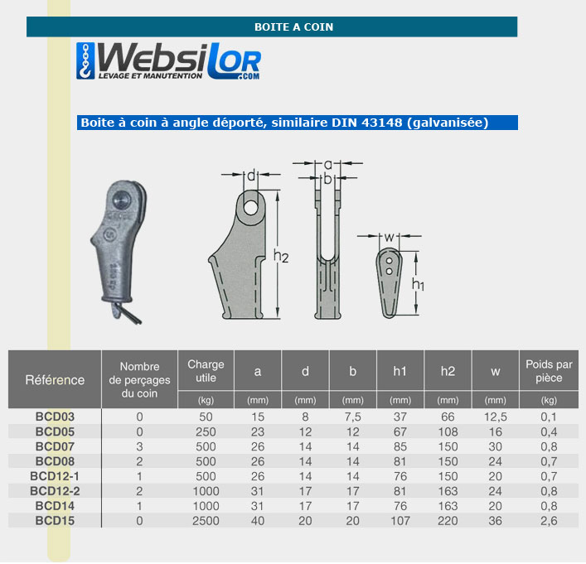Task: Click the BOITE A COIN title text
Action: click(x=293, y=27)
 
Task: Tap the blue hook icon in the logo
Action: click(x=85, y=60)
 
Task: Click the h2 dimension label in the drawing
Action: click(x=281, y=256)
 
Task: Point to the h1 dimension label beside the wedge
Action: click(x=418, y=284)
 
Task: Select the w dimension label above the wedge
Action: click(x=389, y=237)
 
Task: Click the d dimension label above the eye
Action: click(x=251, y=176)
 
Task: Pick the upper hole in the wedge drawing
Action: click(x=389, y=260)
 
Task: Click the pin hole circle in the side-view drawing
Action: click(x=251, y=209)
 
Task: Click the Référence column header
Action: click(x=55, y=380)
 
